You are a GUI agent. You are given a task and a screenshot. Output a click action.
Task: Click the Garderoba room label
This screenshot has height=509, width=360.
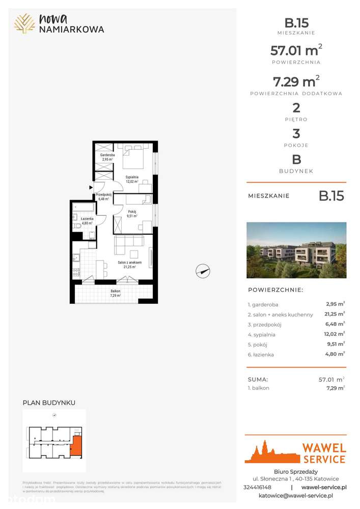tap(107, 157)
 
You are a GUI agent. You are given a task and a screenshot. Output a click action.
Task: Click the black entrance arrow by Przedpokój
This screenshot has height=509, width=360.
tap(91, 187)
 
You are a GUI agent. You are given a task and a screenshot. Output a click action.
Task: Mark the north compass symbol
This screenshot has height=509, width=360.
tap(203, 271)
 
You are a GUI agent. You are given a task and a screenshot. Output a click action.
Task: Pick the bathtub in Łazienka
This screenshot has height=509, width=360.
tap(84, 207)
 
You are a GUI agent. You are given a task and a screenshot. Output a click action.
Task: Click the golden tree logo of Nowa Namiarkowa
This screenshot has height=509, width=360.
tap(24, 23)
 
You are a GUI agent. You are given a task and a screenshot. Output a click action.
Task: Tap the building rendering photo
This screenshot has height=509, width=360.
tap(296, 250)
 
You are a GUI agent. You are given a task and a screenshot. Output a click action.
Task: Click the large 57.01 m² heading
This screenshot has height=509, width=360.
tap(296, 50)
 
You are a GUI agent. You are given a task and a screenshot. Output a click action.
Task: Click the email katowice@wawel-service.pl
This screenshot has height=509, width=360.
tap(296, 495)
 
